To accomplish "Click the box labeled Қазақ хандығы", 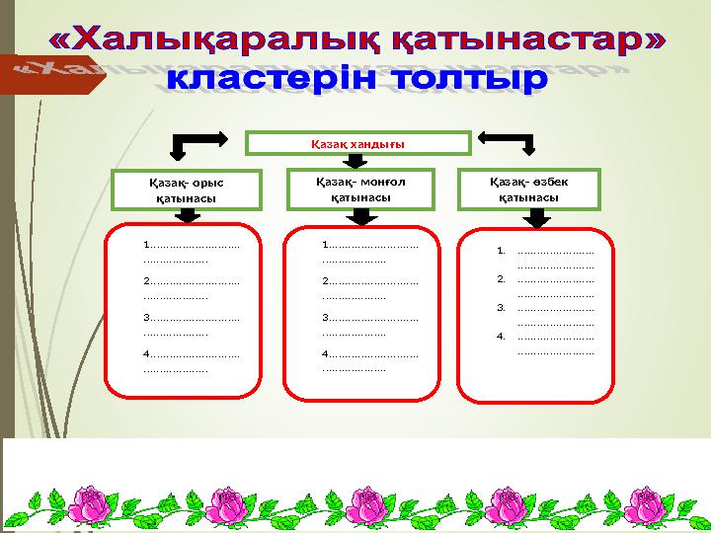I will coord(357,144).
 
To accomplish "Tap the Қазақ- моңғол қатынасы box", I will coord(360,189).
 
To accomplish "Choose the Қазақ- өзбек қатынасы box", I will coord(529,189).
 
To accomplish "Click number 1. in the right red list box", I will coord(502,251).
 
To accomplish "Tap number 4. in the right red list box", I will coord(502,337).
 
